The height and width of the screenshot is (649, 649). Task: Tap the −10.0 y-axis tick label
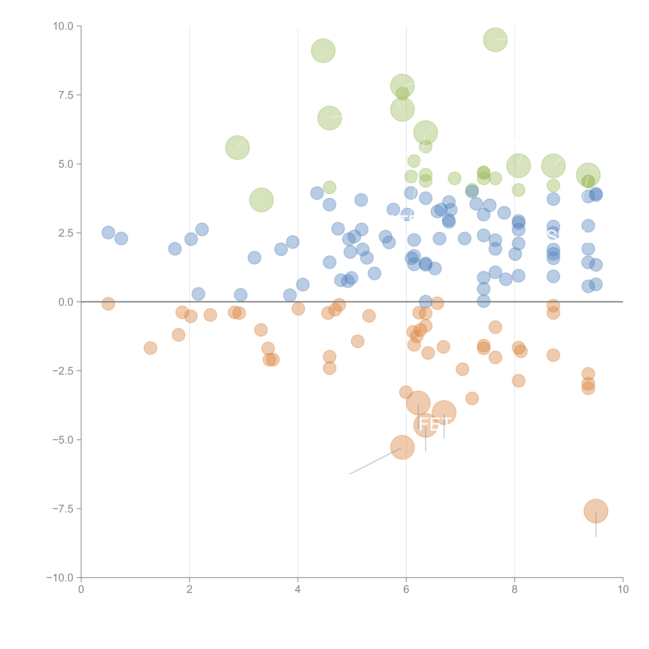pos(60,578)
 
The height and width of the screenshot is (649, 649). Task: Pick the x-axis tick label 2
pos(190,590)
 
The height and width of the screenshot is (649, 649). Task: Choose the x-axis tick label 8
pos(515,590)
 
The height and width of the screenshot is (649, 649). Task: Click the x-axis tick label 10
pos(623,590)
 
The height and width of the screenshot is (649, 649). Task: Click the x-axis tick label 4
pos(298,590)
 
